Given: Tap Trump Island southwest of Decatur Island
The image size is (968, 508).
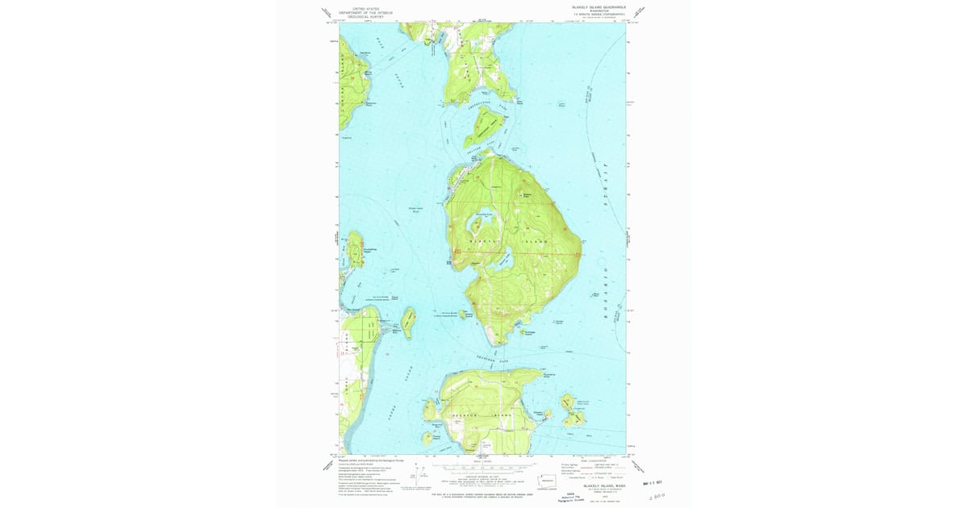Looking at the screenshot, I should coord(427,439).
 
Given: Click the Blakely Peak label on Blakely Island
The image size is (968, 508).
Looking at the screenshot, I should coord(528,195).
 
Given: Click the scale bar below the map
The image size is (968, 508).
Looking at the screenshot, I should coord(482,466).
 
